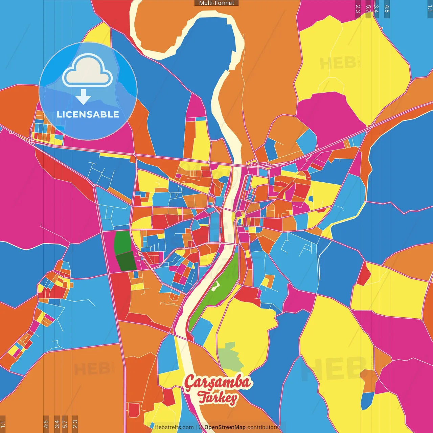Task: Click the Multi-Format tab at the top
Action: (x=216, y=3)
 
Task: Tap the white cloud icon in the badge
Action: (x=88, y=71)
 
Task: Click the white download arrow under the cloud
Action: (x=83, y=97)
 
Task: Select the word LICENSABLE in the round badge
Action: (x=88, y=114)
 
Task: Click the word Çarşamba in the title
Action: (x=218, y=383)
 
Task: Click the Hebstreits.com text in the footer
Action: (x=174, y=427)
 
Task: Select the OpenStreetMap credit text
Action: (x=225, y=427)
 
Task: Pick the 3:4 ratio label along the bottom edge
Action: (x=57, y=424)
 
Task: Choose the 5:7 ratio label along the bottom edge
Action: (x=65, y=424)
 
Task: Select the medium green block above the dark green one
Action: (x=122, y=242)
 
